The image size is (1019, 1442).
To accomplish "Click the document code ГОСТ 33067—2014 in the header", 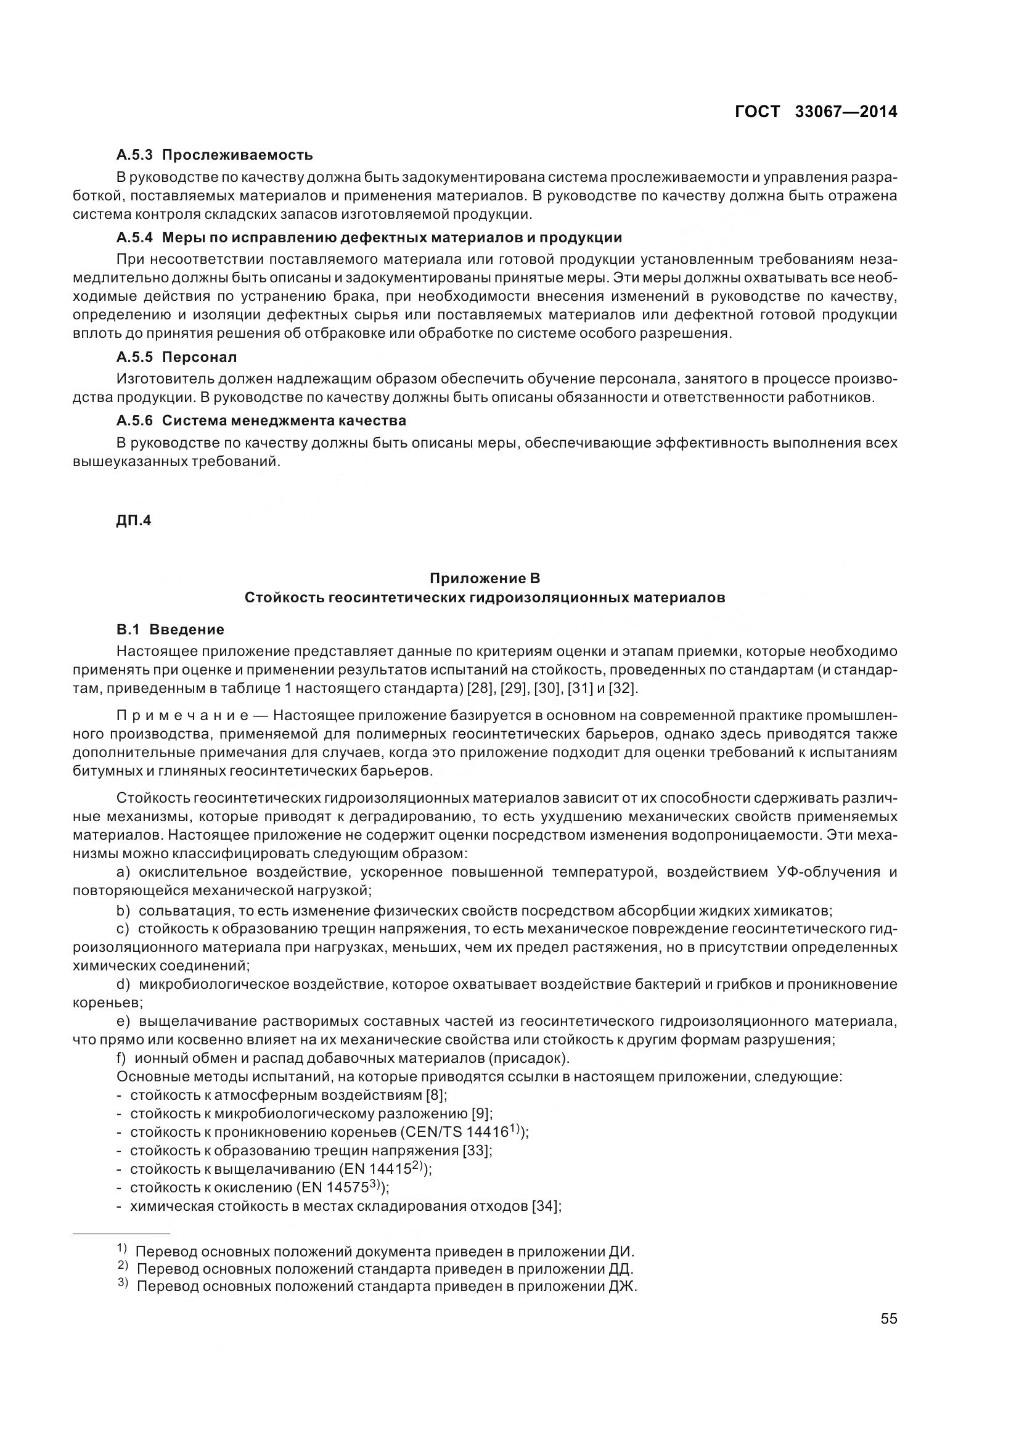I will [816, 112].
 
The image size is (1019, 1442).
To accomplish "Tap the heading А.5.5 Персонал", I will [177, 358].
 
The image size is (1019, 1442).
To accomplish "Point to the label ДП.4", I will [134, 521].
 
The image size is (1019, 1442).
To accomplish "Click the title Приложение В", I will [484, 578].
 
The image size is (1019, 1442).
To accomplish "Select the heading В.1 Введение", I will [170, 629].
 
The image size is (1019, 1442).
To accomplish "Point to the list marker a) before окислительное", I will [124, 872].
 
